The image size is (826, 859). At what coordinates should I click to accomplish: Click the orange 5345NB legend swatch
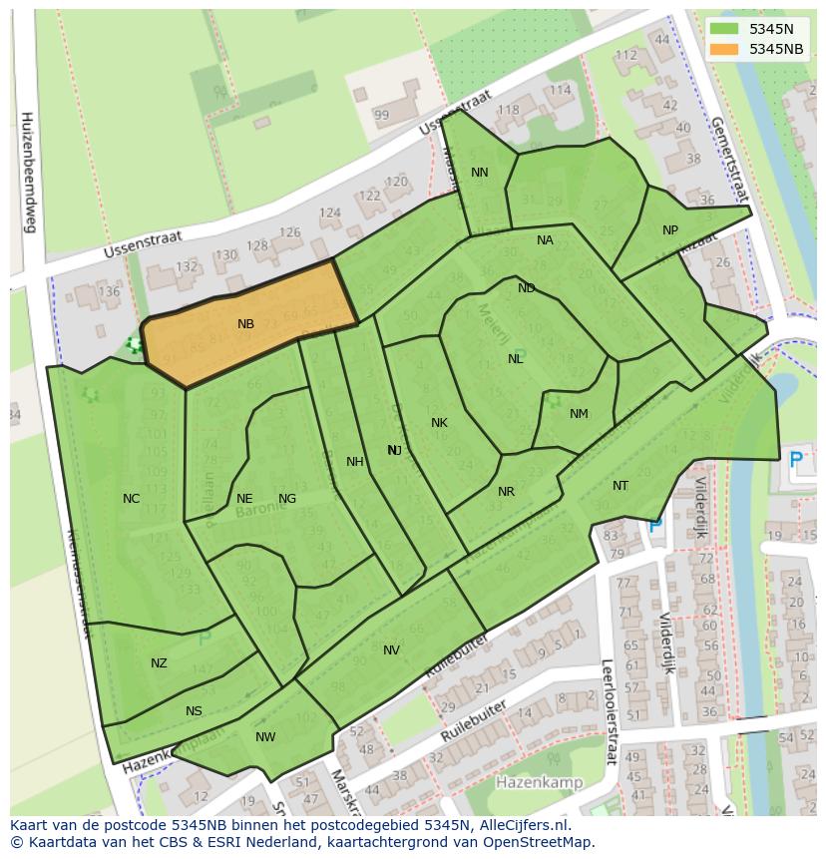[x=724, y=49]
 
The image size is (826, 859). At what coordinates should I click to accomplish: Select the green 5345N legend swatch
[x=724, y=29]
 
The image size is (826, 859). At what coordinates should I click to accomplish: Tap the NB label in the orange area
[x=245, y=324]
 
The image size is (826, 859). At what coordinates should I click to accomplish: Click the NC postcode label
[x=131, y=499]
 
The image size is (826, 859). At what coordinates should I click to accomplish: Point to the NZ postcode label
[x=159, y=663]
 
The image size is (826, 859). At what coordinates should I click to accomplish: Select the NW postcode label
[x=265, y=737]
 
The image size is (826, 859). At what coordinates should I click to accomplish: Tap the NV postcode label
[x=391, y=650]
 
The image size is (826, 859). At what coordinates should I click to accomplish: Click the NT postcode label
[x=620, y=486]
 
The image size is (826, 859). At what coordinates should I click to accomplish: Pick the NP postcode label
[x=670, y=230]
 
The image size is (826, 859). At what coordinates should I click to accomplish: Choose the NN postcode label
[x=480, y=173]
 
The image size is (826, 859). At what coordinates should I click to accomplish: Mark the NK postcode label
[x=439, y=423]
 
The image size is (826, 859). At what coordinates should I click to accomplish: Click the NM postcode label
[x=579, y=414]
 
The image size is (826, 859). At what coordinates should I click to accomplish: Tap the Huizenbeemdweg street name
[x=27, y=172]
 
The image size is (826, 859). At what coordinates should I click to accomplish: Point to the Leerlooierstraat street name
[x=606, y=711]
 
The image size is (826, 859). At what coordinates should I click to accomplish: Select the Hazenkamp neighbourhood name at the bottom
[x=539, y=783]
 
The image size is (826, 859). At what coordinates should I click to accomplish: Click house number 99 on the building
[x=381, y=116]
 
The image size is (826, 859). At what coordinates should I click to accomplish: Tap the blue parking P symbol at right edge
[x=795, y=460]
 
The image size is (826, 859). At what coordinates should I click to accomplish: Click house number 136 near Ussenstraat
[x=109, y=292]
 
